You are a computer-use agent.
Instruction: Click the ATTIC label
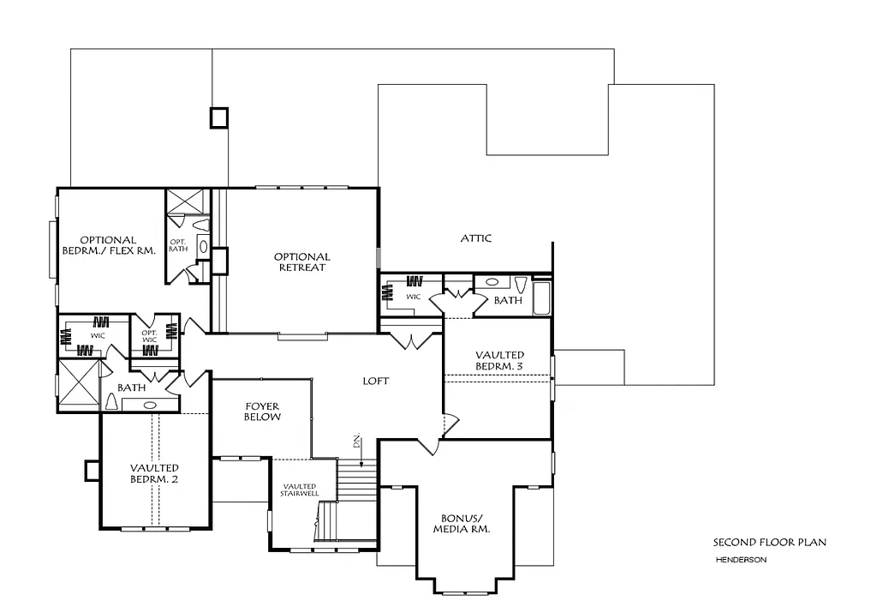point(475,238)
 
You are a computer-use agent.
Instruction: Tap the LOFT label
point(376,381)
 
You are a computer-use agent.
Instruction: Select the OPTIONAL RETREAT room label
point(301,262)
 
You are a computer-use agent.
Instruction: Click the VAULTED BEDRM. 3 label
point(499,360)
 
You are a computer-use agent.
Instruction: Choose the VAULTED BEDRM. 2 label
point(154,472)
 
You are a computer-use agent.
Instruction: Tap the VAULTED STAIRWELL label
point(300,491)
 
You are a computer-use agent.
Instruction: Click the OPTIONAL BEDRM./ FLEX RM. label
point(109,245)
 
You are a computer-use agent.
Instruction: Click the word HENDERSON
point(741,560)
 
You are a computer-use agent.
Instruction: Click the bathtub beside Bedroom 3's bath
point(542,297)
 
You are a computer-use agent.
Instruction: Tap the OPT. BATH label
point(177,245)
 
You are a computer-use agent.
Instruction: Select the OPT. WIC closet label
point(149,335)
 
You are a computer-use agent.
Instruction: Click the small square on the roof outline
point(220,117)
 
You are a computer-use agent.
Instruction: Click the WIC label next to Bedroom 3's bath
point(414,297)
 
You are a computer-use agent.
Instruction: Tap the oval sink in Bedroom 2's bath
point(151,405)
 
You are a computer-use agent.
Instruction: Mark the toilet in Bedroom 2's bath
point(111,402)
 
